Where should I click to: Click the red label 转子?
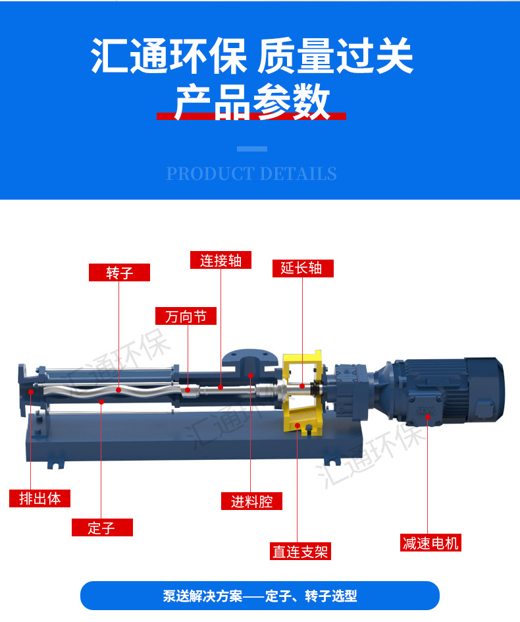(119, 273)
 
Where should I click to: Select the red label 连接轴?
(221, 260)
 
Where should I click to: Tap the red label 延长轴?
(303, 268)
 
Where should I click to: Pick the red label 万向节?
(186, 316)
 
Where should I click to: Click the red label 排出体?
(39, 499)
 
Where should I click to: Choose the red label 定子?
(102, 528)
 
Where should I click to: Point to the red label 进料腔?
(251, 501)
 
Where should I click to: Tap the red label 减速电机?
(430, 543)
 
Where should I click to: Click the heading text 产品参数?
(251, 102)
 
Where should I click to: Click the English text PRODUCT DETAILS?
(251, 174)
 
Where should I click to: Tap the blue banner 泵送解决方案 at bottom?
(259, 596)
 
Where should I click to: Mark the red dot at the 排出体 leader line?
(31, 392)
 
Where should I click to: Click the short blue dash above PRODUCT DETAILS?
(251, 149)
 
